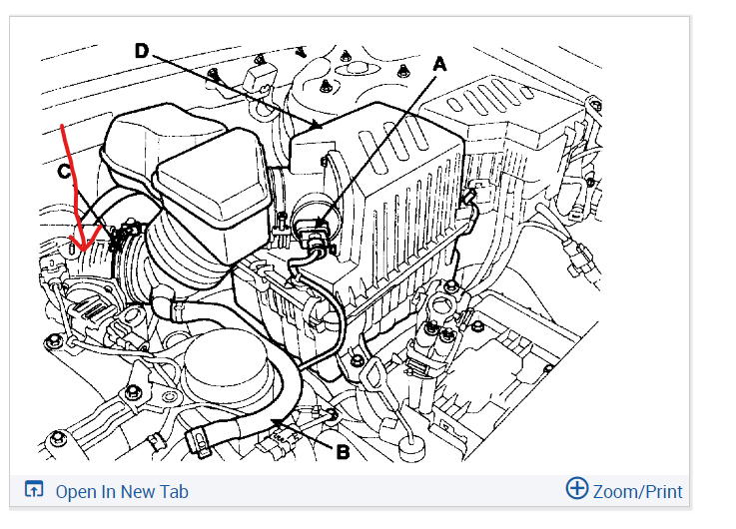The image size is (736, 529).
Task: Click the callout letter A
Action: tap(439, 64)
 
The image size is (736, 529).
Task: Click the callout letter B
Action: tap(344, 452)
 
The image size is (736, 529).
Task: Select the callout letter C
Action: tap(65, 172)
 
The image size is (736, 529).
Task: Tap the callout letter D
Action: tap(141, 51)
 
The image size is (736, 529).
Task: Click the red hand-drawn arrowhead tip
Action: tap(85, 251)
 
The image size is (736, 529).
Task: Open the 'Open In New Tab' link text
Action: tap(122, 492)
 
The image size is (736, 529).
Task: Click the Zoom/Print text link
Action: tap(637, 492)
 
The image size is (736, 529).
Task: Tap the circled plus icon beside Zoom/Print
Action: tap(577, 488)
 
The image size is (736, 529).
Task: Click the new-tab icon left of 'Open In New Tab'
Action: tap(34, 489)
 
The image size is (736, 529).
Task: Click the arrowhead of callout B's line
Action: tap(277, 422)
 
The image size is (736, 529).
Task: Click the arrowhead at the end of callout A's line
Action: tap(321, 224)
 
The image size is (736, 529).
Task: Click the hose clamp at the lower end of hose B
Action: tap(199, 442)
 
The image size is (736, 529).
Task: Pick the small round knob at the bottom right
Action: tap(411, 447)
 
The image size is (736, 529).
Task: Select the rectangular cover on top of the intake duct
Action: tap(214, 193)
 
